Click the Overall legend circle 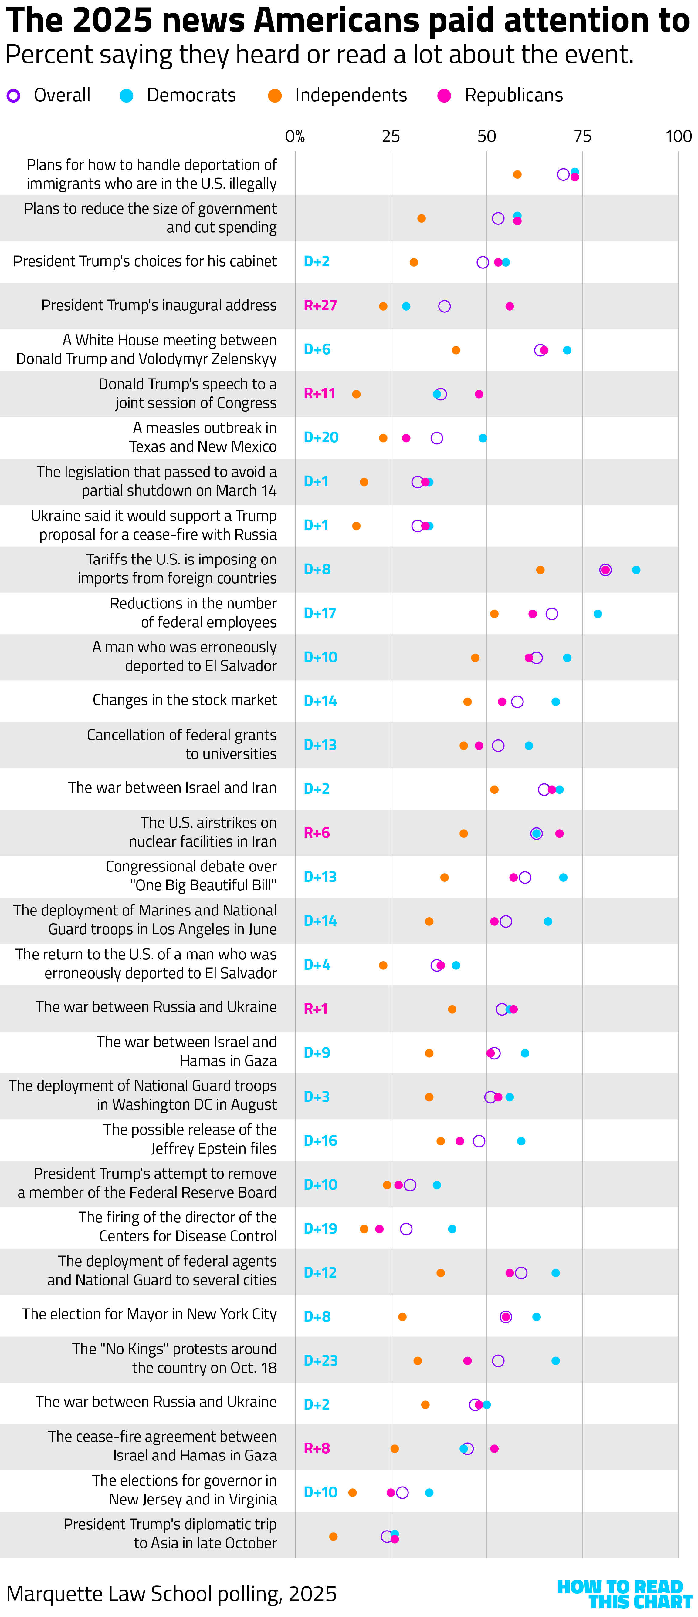pyautogui.click(x=13, y=96)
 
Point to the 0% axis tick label pyautogui.click(x=295, y=136)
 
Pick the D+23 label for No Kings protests pyautogui.click(x=320, y=1360)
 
